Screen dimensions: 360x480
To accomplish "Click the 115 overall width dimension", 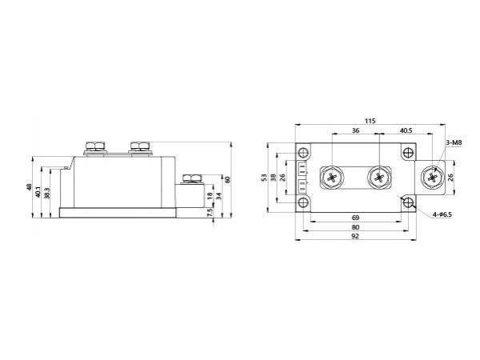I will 370,121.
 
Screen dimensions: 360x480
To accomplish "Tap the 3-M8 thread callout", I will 454,142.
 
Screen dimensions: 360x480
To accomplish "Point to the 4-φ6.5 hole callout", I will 441,215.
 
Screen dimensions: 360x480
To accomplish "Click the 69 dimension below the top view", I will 354,218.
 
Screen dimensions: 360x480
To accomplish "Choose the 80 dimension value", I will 354,227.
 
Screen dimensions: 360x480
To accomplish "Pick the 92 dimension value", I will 354,238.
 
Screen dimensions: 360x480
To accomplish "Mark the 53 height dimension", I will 265,178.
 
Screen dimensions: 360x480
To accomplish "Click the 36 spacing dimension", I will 354,130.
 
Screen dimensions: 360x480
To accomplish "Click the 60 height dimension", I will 228,179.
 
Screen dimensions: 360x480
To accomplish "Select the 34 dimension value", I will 219,197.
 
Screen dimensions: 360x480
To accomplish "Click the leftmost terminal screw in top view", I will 331,178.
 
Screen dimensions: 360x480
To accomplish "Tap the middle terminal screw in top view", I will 377,178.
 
